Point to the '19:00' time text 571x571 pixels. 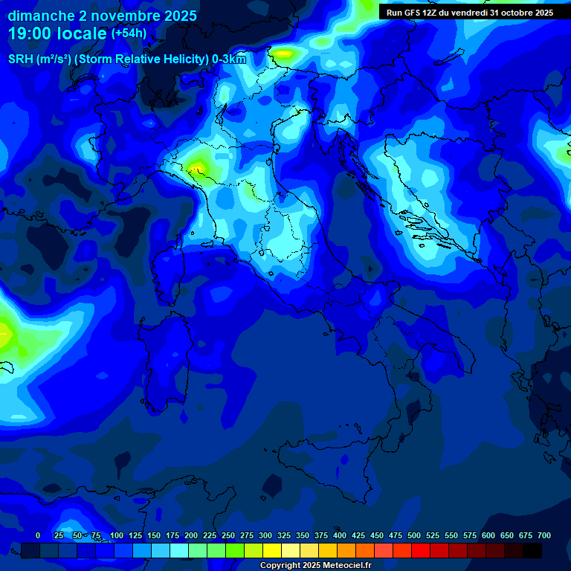pos(30,33)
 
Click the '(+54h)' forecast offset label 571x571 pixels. pos(129,33)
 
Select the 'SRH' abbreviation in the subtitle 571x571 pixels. pos(21,59)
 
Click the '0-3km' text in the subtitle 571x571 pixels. pos(229,59)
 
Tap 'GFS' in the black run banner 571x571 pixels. pos(414,13)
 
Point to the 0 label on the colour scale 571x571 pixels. pos(38,535)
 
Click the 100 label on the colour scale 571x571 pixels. pos(116,535)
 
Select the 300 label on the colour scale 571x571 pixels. pos(265,535)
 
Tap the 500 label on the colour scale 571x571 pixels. pos(414,535)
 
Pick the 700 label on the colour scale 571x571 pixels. pos(544,535)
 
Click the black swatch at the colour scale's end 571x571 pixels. pos(532,550)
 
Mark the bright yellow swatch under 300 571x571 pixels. pos(272,550)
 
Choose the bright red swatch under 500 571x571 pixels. pos(421,550)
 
